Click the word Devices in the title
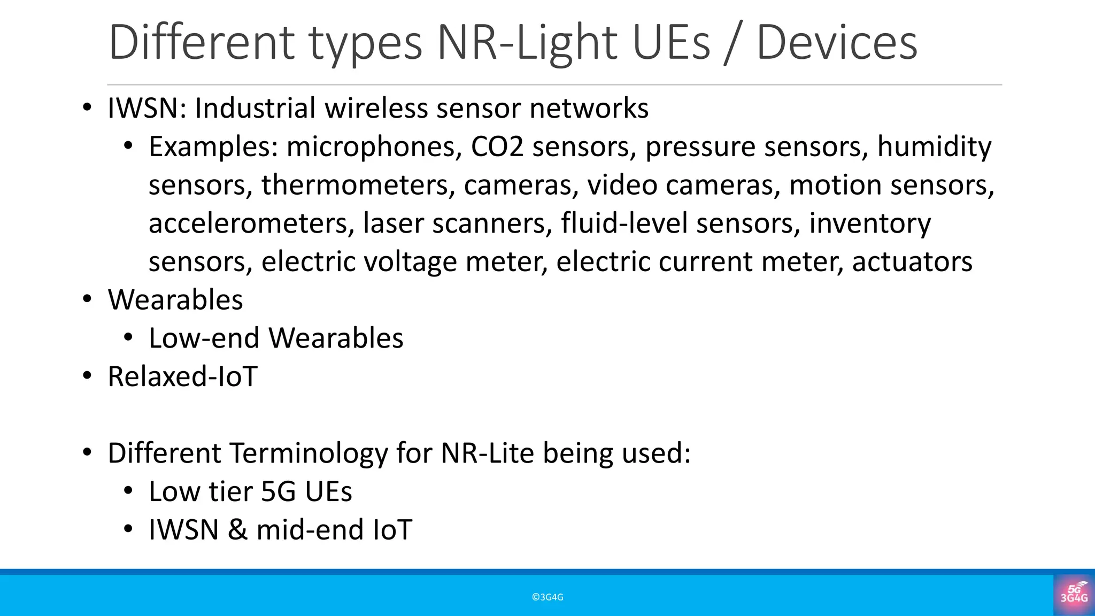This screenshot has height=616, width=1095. coord(837,43)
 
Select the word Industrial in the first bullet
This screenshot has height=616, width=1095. coord(255,109)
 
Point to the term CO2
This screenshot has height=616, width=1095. coord(497,147)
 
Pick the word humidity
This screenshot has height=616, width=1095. coord(934,147)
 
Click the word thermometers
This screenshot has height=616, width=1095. coord(358,185)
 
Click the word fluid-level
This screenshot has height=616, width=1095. coord(624,224)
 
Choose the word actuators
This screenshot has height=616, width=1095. coord(912,262)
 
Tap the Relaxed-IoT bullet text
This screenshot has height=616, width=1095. coord(183,376)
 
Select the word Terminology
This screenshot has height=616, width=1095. coord(309,453)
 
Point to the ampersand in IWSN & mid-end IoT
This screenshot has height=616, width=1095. coord(237,530)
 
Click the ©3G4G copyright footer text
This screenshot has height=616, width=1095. coord(547,597)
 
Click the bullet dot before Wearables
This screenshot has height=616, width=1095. coord(87,299)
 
